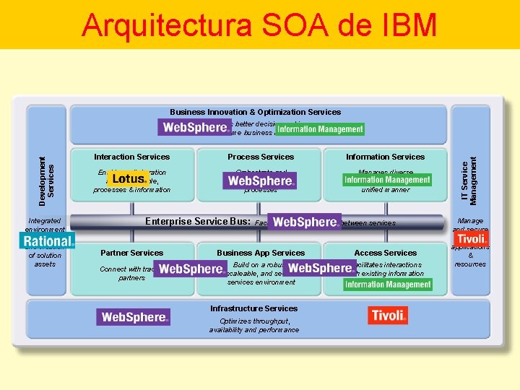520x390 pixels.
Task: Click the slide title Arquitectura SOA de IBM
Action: [259, 25]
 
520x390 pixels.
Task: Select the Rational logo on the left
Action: [47, 241]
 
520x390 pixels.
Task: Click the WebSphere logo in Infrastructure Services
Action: [134, 317]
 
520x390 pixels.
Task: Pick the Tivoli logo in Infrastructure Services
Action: [388, 315]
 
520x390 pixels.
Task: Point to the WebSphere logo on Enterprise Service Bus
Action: [304, 222]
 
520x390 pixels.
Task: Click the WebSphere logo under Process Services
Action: [259, 181]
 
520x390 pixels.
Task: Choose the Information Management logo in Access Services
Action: [388, 285]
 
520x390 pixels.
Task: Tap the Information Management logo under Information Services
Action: [387, 180]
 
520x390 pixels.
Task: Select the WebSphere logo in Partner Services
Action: [191, 269]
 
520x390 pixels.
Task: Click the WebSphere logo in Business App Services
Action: [319, 268]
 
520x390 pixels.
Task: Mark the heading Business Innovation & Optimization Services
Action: [255, 112]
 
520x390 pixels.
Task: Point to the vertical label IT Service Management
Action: [469, 170]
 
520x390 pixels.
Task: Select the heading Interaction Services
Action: [131, 157]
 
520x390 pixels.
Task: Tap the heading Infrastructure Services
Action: [253, 308]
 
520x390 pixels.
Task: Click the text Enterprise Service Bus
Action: [198, 222]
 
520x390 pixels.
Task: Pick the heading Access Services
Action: [386, 253]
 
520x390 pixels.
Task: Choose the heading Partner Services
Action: [131, 253]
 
